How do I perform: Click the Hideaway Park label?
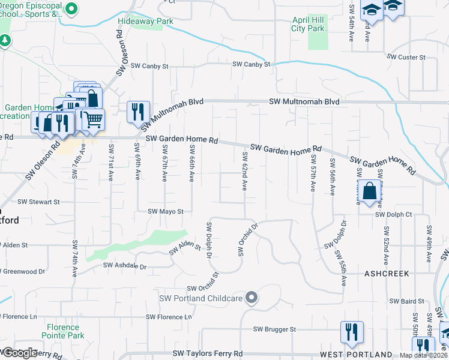(145, 21)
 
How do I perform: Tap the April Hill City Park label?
(308, 24)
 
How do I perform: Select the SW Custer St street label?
(406, 57)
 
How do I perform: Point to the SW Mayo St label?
(165, 211)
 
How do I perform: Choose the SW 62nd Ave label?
(245, 171)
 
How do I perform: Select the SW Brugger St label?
(274, 329)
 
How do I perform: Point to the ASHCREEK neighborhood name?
(387, 273)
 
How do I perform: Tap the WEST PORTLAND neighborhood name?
(356, 355)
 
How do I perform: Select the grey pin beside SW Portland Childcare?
(252, 298)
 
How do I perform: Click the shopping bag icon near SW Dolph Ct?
(372, 192)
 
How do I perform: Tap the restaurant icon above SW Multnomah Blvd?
(139, 112)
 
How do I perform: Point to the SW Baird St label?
(403, 301)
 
